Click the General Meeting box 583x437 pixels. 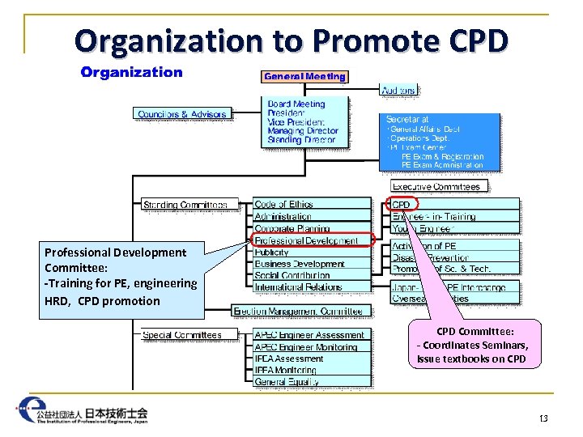click(x=304, y=77)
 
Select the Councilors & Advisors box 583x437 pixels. click(x=182, y=114)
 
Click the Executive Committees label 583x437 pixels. click(x=436, y=186)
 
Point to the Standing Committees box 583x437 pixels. click(x=191, y=205)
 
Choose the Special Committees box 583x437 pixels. click(x=182, y=334)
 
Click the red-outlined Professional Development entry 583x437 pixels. click(x=306, y=240)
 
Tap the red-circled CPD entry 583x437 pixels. click(x=402, y=205)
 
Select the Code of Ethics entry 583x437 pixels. click(x=283, y=205)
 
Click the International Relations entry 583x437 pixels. click(x=298, y=287)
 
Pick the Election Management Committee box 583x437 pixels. click(x=298, y=311)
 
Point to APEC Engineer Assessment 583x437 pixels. click(x=309, y=335)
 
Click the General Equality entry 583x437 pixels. click(x=287, y=382)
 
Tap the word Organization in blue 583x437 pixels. click(x=131, y=73)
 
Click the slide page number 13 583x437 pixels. click(x=543, y=418)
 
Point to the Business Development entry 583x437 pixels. click(x=300, y=264)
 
